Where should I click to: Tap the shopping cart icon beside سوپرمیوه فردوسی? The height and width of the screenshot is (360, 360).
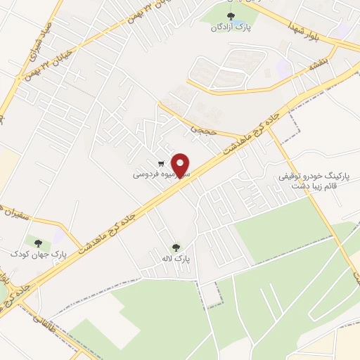click(x=162, y=163)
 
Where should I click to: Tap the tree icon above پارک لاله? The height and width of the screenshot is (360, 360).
click(x=176, y=247)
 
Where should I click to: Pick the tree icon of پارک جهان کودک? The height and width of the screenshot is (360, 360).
click(x=38, y=243)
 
